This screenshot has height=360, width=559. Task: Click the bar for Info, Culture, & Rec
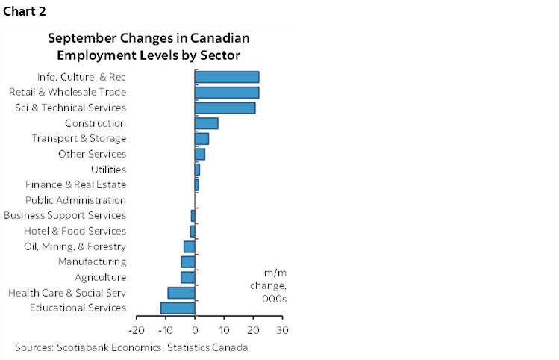tap(227, 77)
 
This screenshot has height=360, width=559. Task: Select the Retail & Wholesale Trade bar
tap(227, 93)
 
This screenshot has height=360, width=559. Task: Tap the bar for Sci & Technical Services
tap(225, 108)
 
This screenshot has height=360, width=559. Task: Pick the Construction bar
tap(206, 123)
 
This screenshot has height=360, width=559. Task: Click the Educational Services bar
tap(178, 308)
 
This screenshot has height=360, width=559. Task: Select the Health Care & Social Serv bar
tap(181, 293)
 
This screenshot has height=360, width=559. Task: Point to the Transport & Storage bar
tap(202, 139)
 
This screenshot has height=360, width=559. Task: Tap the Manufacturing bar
tap(188, 262)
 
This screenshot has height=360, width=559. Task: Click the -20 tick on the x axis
tap(136, 329)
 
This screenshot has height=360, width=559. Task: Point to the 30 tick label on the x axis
tap(281, 329)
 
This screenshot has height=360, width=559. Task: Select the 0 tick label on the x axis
tap(195, 329)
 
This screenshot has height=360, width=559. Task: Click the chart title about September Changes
tap(149, 46)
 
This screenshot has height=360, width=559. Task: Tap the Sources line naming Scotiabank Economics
tap(132, 347)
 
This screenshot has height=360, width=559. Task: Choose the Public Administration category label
tap(75, 200)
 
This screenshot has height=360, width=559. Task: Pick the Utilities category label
tap(107, 170)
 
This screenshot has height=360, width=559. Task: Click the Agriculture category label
tap(100, 277)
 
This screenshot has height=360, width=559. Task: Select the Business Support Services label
tap(65, 216)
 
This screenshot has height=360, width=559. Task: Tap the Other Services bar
tap(199, 154)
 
